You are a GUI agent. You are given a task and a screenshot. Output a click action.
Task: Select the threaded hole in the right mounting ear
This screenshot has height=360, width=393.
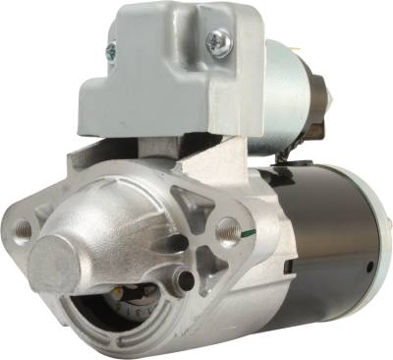pos(228,234)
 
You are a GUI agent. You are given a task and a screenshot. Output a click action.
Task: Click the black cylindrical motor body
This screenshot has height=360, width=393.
pos(324,236)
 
